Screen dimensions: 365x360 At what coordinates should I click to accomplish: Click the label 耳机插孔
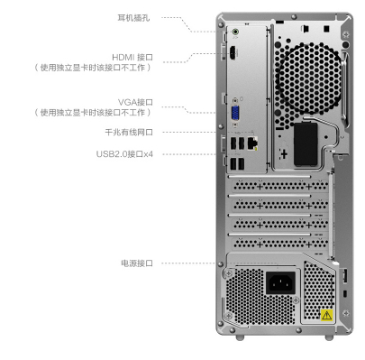[x=133, y=18]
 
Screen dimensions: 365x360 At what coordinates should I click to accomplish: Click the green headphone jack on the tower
[x=235, y=32]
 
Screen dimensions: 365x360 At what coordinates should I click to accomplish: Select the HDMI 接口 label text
[x=132, y=57]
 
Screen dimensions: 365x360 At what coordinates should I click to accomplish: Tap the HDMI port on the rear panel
[x=233, y=53]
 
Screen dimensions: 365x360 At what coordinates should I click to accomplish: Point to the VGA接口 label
[x=135, y=102]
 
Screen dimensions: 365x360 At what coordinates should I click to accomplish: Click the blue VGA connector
[x=235, y=114]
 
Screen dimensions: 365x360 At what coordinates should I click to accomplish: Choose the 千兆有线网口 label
[x=129, y=132]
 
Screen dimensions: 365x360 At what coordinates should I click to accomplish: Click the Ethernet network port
[x=252, y=143]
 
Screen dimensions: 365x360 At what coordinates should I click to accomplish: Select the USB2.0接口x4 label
[x=124, y=154]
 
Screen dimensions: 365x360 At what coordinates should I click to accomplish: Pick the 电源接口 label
[x=137, y=263]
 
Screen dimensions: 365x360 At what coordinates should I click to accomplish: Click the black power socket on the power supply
[x=280, y=282]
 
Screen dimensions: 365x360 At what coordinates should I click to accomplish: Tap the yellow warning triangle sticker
[x=326, y=315]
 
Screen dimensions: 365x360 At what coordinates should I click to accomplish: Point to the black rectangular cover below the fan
[x=306, y=144]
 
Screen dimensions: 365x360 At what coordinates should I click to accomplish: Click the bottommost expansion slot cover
[x=280, y=243]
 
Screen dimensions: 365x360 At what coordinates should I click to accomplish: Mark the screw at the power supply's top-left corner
[x=229, y=273]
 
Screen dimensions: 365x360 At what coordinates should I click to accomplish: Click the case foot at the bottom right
[x=329, y=337]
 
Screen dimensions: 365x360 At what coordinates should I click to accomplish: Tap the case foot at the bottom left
[x=240, y=337]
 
